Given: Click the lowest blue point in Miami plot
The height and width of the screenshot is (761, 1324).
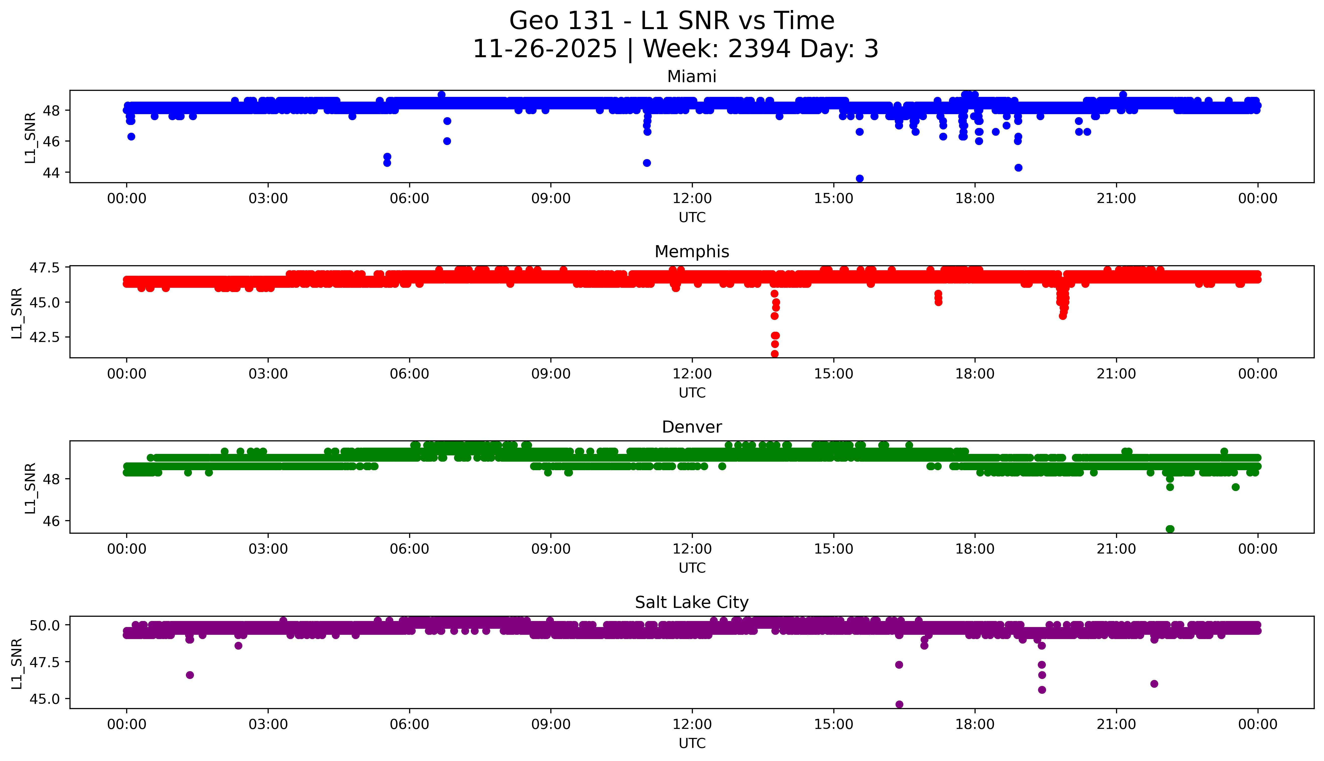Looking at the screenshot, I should (x=859, y=178).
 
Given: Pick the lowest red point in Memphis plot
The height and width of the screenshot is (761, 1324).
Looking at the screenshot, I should (x=775, y=354).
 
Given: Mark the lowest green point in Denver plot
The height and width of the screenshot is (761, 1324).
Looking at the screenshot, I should (x=1170, y=529).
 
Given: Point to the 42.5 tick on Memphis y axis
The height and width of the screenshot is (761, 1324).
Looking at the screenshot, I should (x=46, y=337).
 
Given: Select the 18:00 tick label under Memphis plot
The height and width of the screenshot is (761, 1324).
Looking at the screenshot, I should (x=975, y=374).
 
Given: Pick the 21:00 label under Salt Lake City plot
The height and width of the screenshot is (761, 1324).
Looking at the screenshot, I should (x=1117, y=724).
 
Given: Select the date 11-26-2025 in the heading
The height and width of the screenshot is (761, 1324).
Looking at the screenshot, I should (x=545, y=49).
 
